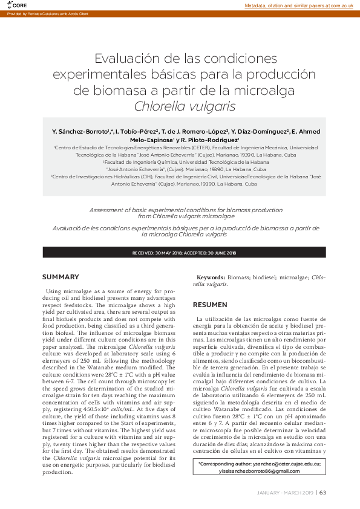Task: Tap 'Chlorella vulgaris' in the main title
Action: [180, 106]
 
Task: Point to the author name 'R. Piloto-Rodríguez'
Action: [214, 140]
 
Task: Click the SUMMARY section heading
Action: [61, 277]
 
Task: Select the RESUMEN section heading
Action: [210, 305]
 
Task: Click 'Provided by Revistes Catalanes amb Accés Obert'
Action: [48, 14]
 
